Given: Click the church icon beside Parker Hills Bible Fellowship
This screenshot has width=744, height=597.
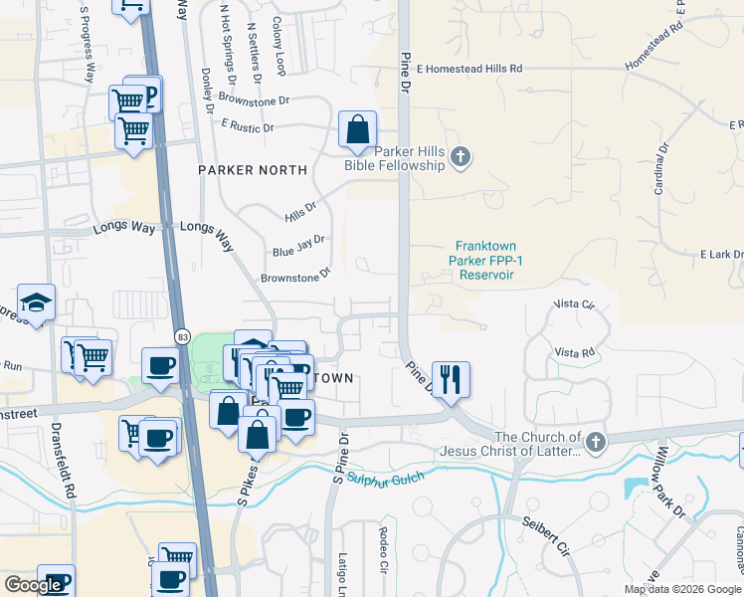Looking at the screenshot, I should click(460, 156).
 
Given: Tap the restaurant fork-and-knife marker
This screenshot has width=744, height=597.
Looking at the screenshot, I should click(451, 380).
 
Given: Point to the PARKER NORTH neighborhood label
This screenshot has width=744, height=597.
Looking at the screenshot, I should click(253, 170).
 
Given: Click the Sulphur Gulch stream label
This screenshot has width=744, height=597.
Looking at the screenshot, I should click(385, 479).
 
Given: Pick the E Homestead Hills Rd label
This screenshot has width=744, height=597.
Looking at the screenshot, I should click(469, 69).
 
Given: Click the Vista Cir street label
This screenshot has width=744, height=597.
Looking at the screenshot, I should click(573, 303).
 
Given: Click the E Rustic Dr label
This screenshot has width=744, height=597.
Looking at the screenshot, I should click(248, 126).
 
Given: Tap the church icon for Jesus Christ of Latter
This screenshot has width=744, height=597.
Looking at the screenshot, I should click(595, 441).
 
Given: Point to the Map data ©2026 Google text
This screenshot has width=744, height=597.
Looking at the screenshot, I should click(682, 589).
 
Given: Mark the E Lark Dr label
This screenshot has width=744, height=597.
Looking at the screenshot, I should click(721, 255).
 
